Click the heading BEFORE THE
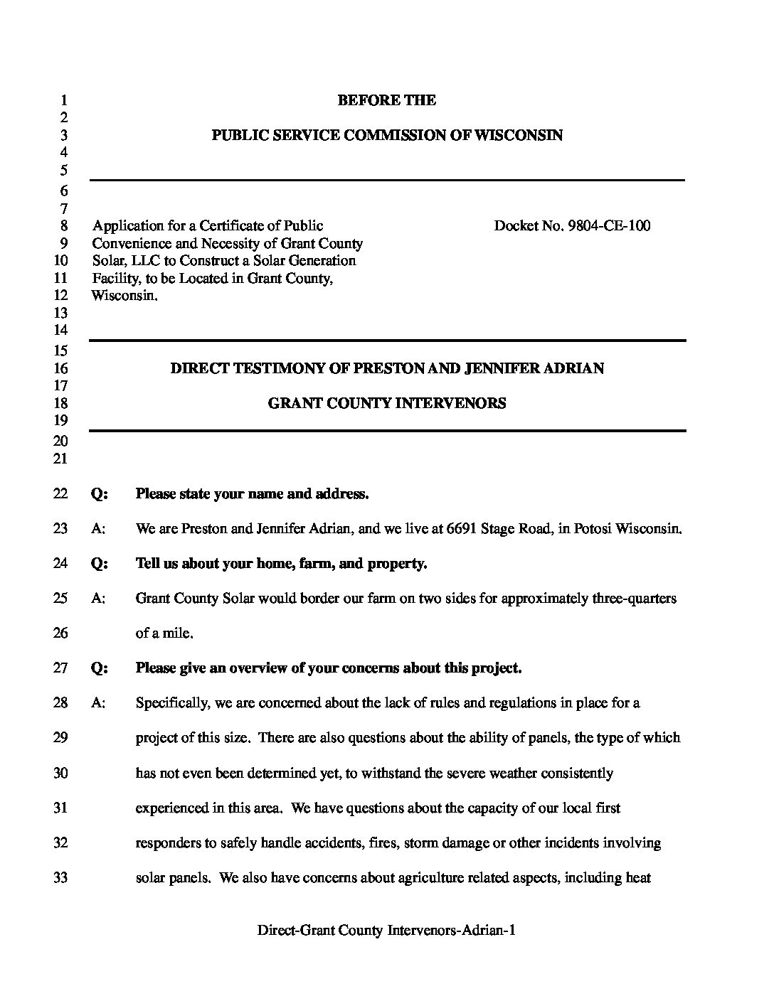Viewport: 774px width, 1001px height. (x=386, y=100)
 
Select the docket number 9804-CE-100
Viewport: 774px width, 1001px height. (x=609, y=226)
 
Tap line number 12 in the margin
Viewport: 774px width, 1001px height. (x=60, y=295)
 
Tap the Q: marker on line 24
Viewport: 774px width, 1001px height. (x=100, y=564)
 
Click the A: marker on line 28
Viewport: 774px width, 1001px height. (x=99, y=703)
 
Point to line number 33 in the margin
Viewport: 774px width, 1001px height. (x=60, y=877)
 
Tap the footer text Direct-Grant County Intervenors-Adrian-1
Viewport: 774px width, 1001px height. (x=386, y=930)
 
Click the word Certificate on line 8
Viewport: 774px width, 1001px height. (x=231, y=226)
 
